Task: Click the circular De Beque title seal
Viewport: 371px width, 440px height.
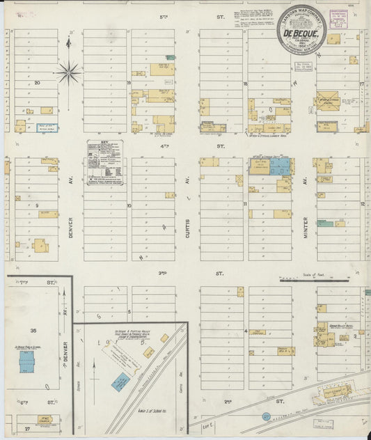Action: (x=301, y=29)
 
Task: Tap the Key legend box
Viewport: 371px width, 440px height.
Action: (x=105, y=163)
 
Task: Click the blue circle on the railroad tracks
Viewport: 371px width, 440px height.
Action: (x=266, y=416)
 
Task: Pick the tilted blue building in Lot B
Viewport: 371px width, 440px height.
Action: (x=121, y=382)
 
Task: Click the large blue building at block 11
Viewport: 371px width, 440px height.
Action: (x=281, y=166)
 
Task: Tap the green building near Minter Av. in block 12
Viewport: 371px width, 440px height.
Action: (x=324, y=223)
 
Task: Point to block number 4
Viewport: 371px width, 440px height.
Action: (x=246, y=331)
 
